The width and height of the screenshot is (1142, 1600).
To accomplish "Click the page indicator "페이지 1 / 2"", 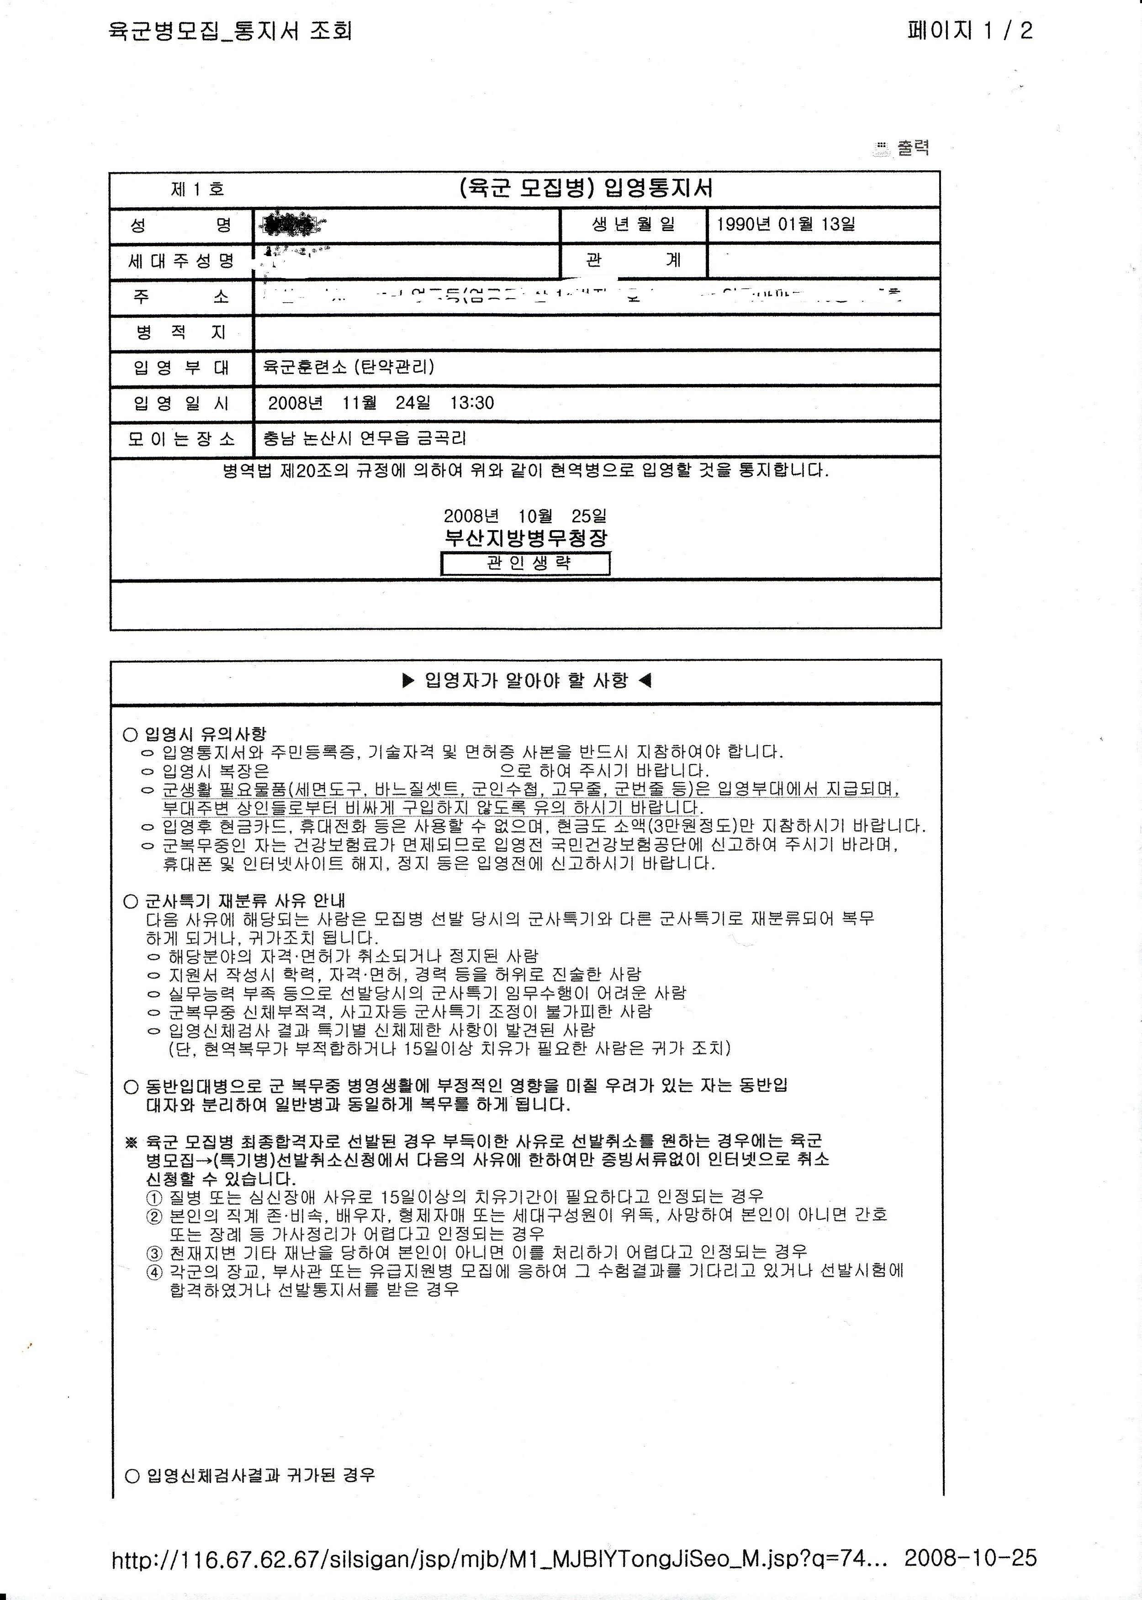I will (x=970, y=31).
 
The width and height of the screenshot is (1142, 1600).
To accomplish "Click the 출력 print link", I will (x=912, y=148).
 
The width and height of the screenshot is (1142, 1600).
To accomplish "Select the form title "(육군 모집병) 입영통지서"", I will (x=585, y=189).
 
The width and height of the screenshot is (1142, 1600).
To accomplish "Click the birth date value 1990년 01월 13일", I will (x=786, y=225).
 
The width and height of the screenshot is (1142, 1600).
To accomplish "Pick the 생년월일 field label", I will (x=633, y=225).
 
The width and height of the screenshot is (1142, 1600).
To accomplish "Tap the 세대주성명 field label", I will (x=181, y=262).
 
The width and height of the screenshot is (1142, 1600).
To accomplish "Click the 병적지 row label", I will (x=181, y=332).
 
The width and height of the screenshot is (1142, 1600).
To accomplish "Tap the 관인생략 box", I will (x=525, y=563).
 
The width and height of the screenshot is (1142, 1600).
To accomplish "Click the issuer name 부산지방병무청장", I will (x=525, y=538).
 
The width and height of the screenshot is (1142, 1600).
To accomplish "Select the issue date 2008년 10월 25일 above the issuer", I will (x=525, y=516).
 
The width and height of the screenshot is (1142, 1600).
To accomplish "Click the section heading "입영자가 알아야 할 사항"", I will (x=526, y=680).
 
